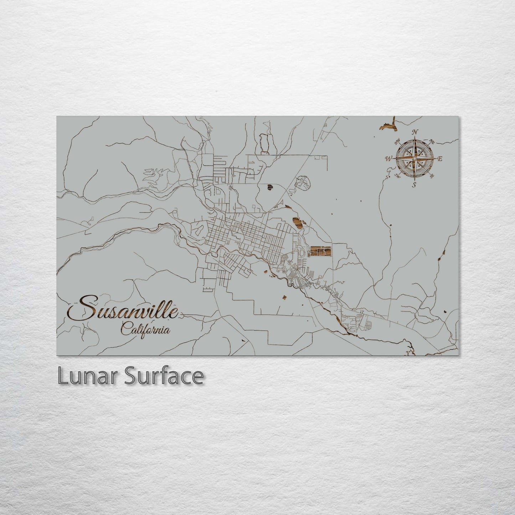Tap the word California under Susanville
click(x=145, y=329)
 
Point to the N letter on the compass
click(x=414, y=132)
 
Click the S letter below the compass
click(x=414, y=185)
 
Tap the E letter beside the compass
click(x=440, y=159)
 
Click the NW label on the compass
click(x=397, y=143)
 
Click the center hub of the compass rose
click(x=414, y=158)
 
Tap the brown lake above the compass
click(x=388, y=125)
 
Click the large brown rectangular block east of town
click(x=320, y=251)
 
